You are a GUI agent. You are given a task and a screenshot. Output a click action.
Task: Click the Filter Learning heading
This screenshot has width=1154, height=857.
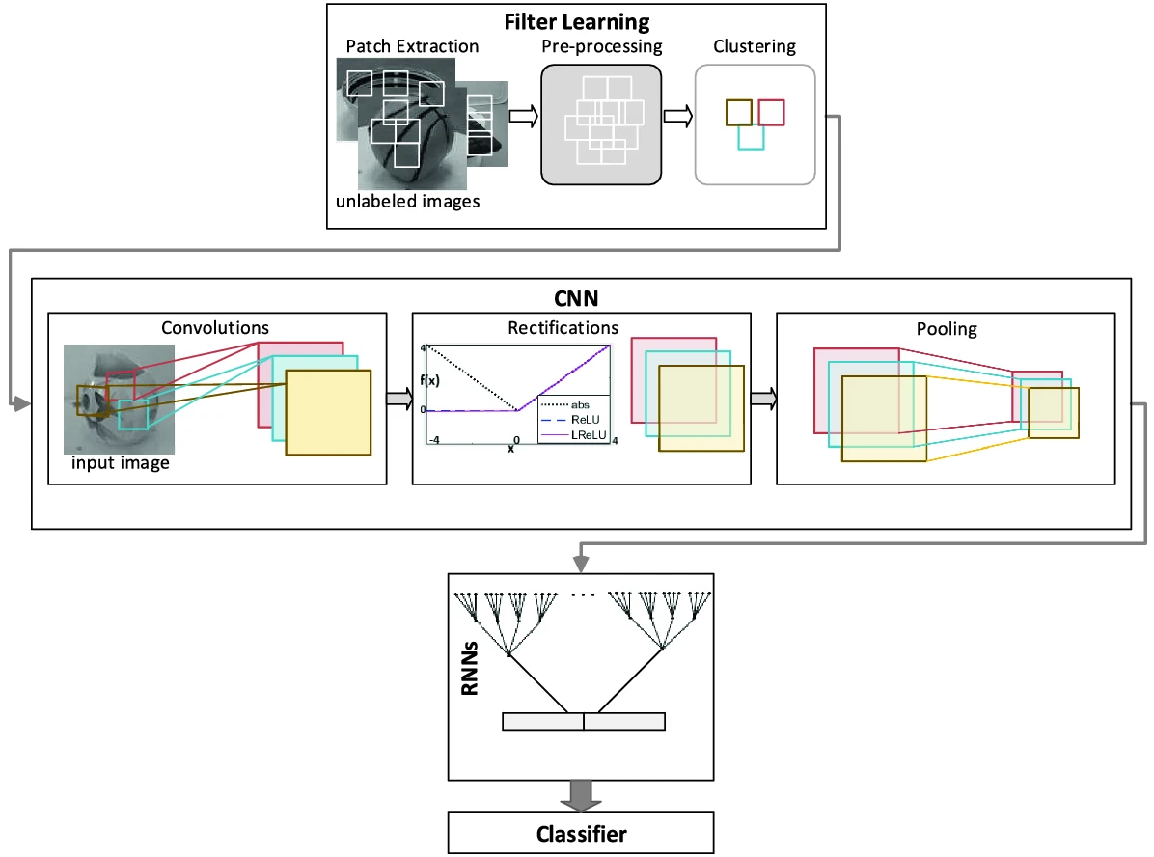coord(577,22)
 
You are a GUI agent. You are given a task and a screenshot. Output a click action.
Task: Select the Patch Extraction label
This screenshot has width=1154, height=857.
coord(412,46)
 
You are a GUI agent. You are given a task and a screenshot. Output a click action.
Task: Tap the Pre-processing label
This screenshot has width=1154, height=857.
coord(602,46)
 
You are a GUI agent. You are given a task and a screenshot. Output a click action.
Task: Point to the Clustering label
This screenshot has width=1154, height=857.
coord(755,46)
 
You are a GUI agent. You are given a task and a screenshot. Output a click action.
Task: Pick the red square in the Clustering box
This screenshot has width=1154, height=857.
coord(771,100)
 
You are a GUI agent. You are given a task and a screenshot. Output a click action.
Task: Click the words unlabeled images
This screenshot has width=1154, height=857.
coord(408,201)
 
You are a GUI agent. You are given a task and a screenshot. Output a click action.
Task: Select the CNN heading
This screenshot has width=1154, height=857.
coord(576,298)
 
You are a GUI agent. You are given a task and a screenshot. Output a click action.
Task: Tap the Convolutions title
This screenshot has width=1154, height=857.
coord(215,327)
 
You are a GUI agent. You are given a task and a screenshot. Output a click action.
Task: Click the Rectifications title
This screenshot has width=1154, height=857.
coord(563,327)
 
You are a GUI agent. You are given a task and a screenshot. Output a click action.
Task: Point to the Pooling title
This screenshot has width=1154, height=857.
coord(947,329)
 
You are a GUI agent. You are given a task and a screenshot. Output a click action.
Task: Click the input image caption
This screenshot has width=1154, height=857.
coord(120,463)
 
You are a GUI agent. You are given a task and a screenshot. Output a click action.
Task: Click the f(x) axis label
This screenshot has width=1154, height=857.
coord(429,380)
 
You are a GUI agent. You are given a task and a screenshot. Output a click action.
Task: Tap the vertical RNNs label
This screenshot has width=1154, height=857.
coord(470,669)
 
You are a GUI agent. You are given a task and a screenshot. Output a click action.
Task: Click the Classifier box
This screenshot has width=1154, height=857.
coord(581,833)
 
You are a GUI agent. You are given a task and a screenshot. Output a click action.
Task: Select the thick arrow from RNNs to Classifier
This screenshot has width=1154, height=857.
coord(581,795)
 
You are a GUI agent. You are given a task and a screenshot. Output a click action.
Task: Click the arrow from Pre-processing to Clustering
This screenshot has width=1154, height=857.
coord(678,117)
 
